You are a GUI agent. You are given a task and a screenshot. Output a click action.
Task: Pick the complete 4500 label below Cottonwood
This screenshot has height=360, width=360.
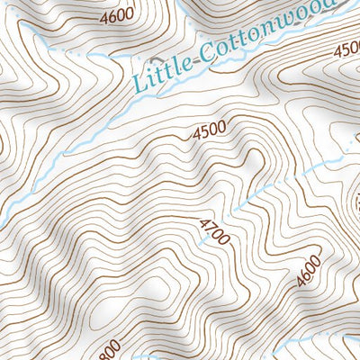point(209,130)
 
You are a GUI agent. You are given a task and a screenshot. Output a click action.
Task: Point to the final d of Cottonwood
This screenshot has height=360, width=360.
point(334,4)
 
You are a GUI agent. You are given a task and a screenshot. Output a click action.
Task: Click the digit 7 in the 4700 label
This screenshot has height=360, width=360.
point(211,226)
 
